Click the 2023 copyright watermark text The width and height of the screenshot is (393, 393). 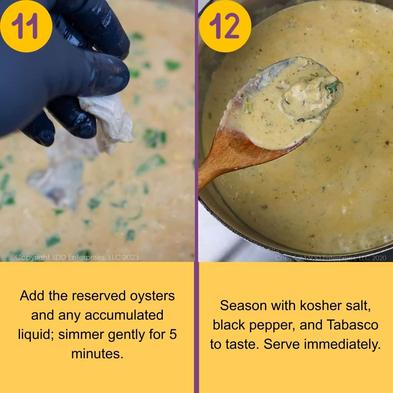click(77, 257)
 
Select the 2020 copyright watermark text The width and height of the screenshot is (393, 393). click(331, 258)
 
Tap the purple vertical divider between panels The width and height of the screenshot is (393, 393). click(196, 196)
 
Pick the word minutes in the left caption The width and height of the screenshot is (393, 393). click(97, 354)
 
